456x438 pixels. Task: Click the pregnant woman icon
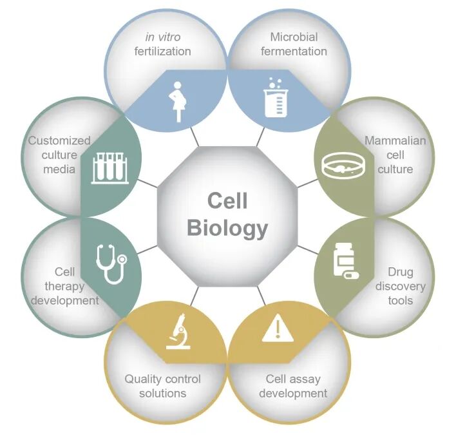point(178,102)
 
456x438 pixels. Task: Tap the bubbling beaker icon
point(276,97)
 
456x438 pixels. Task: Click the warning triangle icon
point(278,328)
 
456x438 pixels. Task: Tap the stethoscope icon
point(111,264)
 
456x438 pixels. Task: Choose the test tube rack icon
point(110,169)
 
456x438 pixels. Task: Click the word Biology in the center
point(227,228)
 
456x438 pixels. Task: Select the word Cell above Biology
point(227,201)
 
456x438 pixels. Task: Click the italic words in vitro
point(163,37)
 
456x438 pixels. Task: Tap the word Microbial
point(294,37)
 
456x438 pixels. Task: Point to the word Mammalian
point(395,141)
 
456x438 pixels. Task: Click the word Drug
point(401,272)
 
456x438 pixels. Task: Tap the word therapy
point(64,287)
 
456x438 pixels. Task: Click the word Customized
point(59,141)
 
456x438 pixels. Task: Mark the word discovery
point(401,287)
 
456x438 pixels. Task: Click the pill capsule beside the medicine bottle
point(351,275)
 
